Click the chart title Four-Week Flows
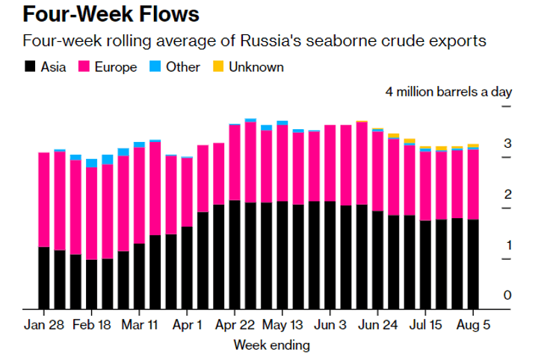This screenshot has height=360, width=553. (x=101, y=14)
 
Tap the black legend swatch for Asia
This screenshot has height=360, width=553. (x=30, y=67)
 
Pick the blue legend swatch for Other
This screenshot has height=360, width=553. (x=155, y=67)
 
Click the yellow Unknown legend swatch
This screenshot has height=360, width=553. (x=218, y=67)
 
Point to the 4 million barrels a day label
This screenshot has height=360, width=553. (x=448, y=92)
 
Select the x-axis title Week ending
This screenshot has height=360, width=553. (x=271, y=345)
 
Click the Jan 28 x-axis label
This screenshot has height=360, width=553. (x=43, y=326)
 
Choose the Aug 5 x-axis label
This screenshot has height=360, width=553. (x=474, y=326)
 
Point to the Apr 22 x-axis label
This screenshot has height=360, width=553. (x=235, y=326)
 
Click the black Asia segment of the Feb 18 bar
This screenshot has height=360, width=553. (x=92, y=284)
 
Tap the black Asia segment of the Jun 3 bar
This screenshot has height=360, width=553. (x=330, y=255)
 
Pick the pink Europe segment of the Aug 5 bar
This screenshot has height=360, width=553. (x=474, y=184)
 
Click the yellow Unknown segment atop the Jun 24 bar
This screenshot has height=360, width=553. (x=394, y=134)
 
